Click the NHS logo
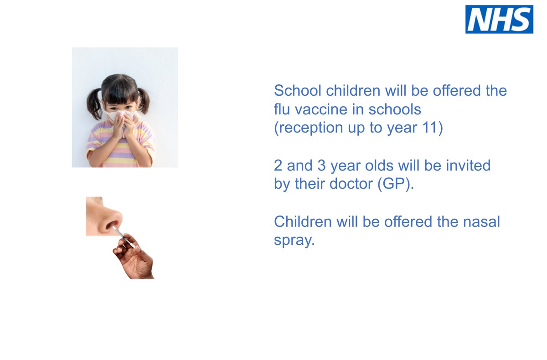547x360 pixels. [499, 19]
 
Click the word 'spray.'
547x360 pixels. [294, 241]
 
